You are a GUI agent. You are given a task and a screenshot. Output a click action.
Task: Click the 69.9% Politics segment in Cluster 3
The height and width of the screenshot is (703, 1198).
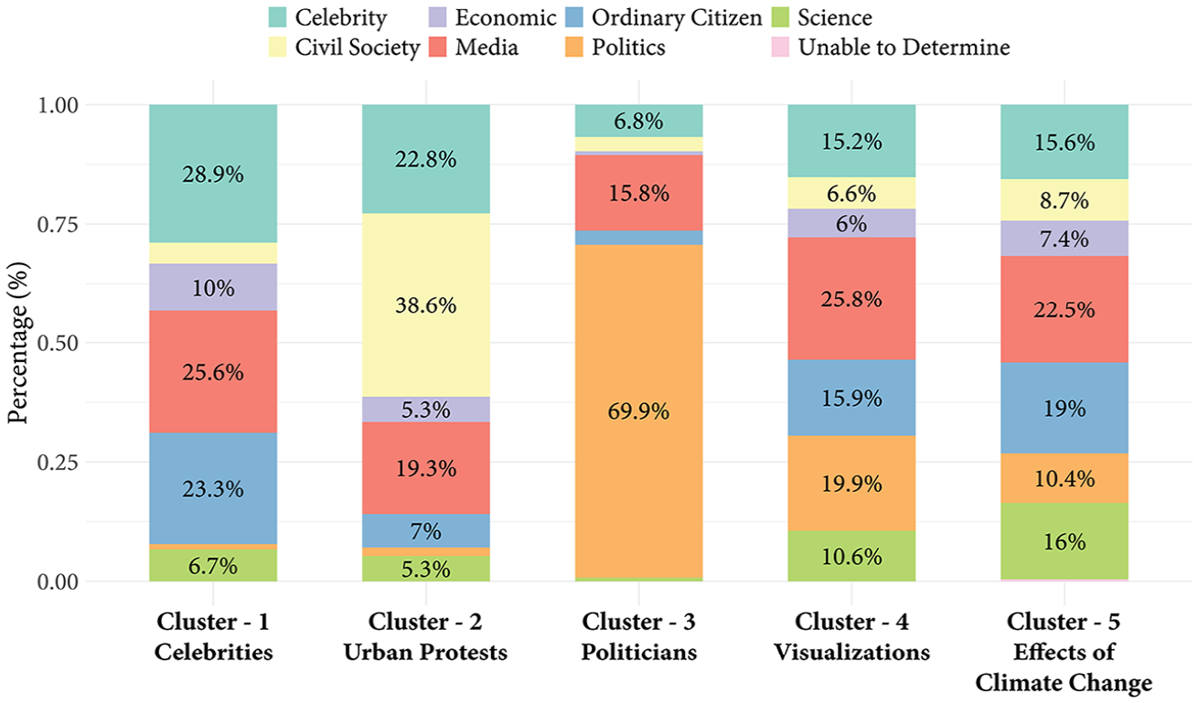click(x=638, y=411)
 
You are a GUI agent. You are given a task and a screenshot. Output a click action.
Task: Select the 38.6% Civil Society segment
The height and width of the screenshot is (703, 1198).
click(x=426, y=304)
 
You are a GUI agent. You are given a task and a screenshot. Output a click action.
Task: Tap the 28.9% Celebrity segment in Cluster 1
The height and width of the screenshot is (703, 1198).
click(x=213, y=174)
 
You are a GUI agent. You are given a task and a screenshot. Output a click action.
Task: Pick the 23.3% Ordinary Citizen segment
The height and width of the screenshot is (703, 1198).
click(x=213, y=488)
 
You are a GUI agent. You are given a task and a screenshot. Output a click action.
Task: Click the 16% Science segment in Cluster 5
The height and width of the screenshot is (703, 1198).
click(x=1064, y=541)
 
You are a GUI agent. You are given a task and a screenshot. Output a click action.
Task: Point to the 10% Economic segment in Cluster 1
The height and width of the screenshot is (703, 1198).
click(x=213, y=287)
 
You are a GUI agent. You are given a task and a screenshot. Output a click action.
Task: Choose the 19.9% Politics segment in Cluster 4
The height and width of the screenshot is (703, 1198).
click(x=851, y=484)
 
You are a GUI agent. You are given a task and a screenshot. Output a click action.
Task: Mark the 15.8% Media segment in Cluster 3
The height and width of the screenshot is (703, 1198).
click(x=638, y=193)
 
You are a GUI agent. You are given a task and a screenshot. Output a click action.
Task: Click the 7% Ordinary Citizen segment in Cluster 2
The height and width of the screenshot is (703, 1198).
click(x=426, y=530)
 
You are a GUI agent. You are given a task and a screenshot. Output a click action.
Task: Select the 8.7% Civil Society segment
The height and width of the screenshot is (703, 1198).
click(x=1064, y=200)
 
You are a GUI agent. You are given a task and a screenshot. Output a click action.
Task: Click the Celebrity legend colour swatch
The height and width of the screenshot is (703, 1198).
click(x=278, y=17)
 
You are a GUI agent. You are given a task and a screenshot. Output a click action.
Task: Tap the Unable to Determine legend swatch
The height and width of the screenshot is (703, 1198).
click(x=780, y=47)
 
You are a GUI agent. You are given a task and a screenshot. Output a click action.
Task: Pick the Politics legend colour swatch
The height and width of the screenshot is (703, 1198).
click(x=574, y=47)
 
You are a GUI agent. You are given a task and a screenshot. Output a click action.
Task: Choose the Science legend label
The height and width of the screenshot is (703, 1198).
click(x=835, y=17)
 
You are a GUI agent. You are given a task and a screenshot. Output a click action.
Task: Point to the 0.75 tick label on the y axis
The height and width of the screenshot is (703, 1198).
click(x=59, y=225)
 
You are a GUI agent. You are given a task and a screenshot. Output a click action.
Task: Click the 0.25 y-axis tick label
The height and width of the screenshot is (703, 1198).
click(x=59, y=463)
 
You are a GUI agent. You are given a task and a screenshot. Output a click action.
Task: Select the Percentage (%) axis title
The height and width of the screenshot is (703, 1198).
click(x=17, y=343)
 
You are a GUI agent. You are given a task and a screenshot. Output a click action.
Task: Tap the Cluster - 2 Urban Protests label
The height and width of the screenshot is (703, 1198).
click(x=426, y=636)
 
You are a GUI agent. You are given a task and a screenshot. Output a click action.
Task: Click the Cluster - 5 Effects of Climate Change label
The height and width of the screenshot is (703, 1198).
click(x=1064, y=652)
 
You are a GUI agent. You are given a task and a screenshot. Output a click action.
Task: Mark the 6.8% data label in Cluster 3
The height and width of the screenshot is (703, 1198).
click(x=638, y=122)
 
